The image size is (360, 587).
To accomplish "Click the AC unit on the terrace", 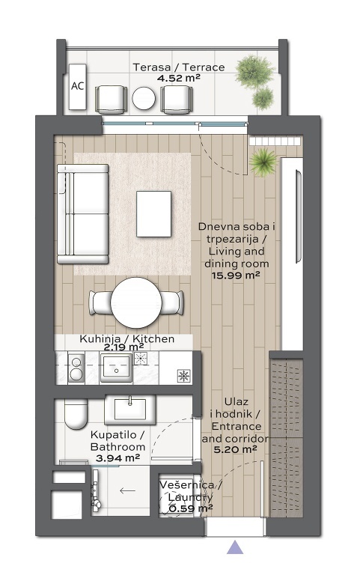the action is click(78, 87).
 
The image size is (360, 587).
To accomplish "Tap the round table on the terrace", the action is click(144, 99).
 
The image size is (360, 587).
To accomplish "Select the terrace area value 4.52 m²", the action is click(178, 78).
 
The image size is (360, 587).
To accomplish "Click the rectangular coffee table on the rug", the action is click(154, 214).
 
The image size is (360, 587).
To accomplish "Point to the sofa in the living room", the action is click(82, 214).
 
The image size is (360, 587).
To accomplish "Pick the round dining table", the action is click(136, 302).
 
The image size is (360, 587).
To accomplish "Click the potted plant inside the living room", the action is click(263, 162).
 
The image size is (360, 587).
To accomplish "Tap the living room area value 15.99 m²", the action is click(236, 276).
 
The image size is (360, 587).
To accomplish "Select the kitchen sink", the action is click(117, 368).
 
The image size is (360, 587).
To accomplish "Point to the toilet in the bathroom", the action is click(76, 413).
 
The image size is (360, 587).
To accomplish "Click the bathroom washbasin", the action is click(130, 410).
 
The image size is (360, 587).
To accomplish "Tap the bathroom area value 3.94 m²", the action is click(118, 458).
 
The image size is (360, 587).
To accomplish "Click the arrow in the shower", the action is click(127, 490).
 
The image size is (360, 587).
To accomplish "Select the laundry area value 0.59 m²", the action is click(191, 508).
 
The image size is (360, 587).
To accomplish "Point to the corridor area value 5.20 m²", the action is click(235, 449).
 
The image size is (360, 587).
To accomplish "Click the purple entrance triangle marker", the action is click(235, 547).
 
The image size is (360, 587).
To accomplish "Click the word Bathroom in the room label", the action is click(118, 446).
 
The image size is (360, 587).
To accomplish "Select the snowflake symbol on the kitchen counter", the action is click(184, 376).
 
